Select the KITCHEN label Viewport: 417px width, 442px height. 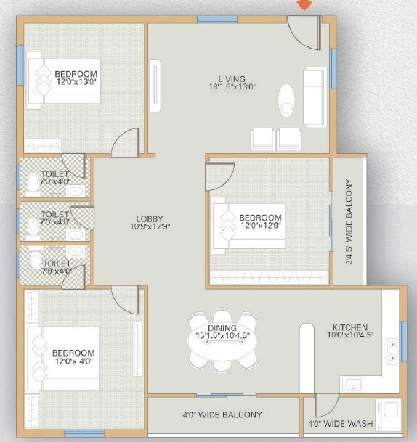350,327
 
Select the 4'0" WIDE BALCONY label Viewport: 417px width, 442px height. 222,415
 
